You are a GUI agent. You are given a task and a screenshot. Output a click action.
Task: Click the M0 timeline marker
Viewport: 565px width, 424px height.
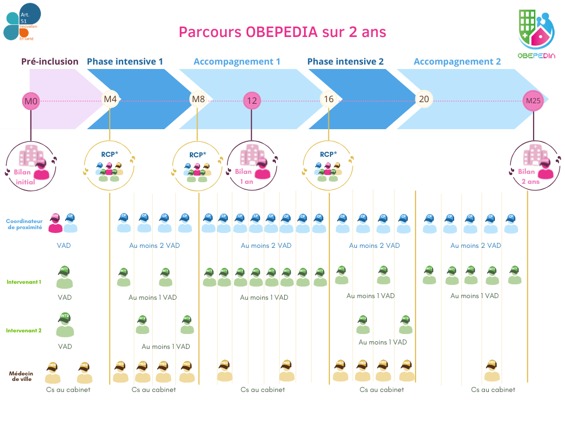31,101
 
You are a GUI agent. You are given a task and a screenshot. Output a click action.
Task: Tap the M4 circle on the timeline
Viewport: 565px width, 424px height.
110,99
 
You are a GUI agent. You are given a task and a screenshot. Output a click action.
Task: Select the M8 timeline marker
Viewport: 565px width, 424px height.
198,99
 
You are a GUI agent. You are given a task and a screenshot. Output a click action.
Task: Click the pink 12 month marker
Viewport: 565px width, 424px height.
252,101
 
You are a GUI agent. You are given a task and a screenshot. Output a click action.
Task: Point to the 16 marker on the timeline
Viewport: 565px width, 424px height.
329,99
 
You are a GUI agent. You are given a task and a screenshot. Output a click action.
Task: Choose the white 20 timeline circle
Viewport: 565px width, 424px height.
424,99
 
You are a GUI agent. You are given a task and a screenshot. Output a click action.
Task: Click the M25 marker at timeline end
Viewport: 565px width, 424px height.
533,101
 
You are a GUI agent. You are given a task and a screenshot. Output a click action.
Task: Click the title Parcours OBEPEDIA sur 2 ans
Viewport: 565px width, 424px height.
282,32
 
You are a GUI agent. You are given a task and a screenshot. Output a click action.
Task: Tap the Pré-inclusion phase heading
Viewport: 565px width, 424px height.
50,61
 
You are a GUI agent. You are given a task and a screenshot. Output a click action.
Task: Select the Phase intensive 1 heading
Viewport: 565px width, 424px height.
125,61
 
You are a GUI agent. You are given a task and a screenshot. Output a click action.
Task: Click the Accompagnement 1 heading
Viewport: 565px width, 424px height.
237,61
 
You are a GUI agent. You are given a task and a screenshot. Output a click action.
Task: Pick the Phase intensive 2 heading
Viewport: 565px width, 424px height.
345,61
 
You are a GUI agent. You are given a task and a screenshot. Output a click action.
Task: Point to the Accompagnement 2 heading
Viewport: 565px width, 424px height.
457,61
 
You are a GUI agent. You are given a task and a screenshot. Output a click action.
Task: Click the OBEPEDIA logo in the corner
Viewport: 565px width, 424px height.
537,34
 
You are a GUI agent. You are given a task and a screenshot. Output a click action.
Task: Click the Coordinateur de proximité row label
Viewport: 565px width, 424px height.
24,224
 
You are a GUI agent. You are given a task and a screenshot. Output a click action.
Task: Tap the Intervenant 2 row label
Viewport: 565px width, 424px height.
24,331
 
